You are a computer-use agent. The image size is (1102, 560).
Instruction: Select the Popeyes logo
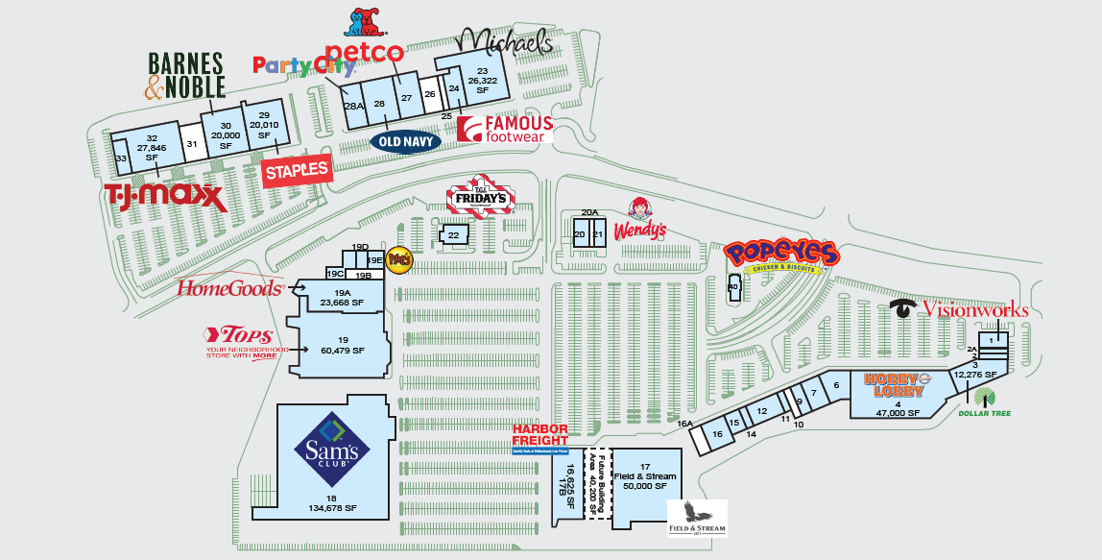point(781,256)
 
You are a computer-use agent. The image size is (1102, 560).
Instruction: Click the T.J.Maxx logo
point(166,197)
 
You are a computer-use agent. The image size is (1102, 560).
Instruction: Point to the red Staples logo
point(297,171)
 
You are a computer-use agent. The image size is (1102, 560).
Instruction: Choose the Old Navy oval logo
point(405,141)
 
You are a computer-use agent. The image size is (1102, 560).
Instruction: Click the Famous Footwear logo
point(505,130)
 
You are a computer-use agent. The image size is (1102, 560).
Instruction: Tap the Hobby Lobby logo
point(899,384)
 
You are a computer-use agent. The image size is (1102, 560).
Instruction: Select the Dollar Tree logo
point(985,402)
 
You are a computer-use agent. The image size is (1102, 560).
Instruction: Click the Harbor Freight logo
point(539,438)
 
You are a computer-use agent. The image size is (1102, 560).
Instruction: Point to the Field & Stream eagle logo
point(697,518)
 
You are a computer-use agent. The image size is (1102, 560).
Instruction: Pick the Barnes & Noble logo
point(185,76)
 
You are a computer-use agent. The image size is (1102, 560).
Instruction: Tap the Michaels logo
point(504,41)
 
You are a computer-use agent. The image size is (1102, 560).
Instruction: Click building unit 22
point(453,234)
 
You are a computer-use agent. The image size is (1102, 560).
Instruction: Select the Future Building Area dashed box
point(599,484)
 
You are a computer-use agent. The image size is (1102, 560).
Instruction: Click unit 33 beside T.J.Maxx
point(121,158)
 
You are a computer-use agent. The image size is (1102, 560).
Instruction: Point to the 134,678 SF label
point(331,508)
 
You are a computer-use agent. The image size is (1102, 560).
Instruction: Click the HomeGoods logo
point(230,286)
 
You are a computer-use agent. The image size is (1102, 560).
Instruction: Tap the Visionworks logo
point(960,309)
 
